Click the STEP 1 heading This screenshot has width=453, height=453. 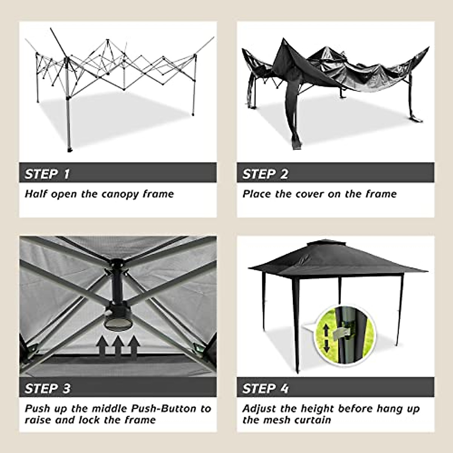47,174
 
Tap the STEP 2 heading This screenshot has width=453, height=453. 265,174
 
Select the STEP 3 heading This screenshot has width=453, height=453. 47,388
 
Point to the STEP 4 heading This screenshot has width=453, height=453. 265,388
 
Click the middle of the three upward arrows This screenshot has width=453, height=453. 118,346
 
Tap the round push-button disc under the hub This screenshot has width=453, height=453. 117,323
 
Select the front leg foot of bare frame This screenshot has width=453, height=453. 69,150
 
